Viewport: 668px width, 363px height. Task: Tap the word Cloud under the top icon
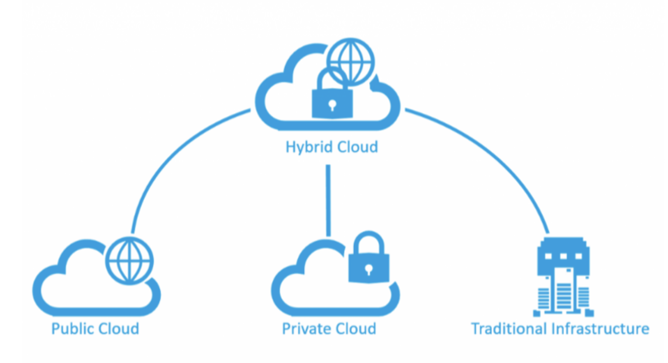(x=357, y=147)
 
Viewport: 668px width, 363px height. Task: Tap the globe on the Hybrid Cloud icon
(x=351, y=61)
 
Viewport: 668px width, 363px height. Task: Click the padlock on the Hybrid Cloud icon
(x=332, y=102)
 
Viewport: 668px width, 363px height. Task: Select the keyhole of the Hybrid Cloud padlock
(x=332, y=105)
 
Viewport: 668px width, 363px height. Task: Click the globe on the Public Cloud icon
(x=129, y=261)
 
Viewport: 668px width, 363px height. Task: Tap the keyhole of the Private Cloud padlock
(x=368, y=269)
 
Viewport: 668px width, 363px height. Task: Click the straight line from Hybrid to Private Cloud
(x=328, y=200)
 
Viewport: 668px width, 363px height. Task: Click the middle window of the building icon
(x=563, y=256)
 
